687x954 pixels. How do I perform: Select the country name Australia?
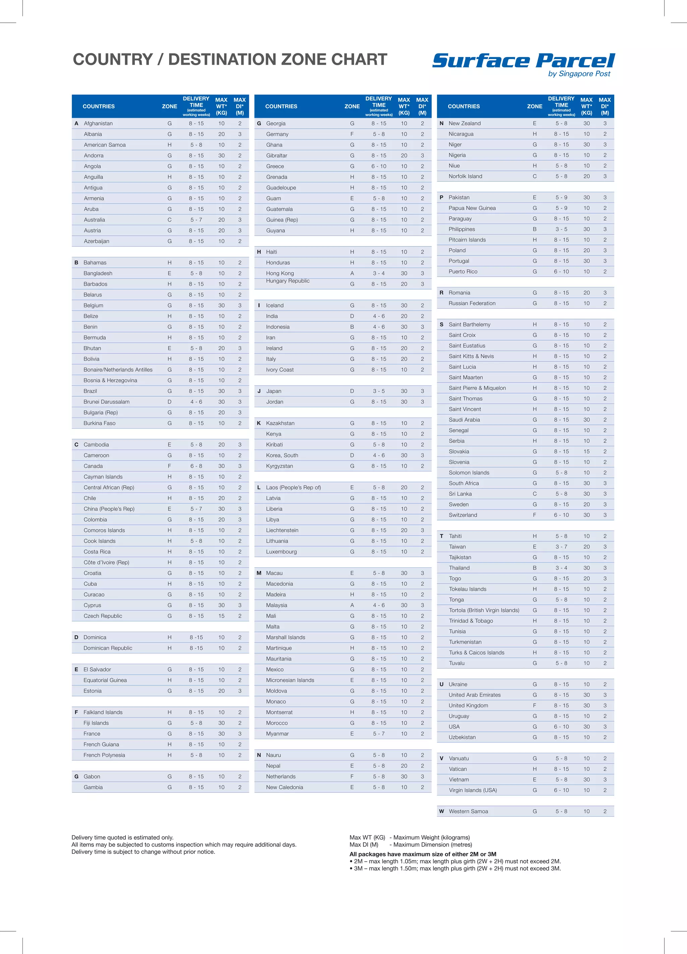point(94,220)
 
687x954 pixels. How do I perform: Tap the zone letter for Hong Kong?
point(352,273)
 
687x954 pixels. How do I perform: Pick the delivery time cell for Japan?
point(379,391)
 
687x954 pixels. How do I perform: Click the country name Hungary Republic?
point(287,281)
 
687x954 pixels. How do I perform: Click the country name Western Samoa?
point(468,811)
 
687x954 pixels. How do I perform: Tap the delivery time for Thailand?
point(561,568)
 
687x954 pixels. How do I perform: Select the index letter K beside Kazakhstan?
point(259,423)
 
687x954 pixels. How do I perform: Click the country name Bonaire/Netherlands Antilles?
point(118,370)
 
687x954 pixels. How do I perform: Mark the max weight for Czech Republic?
point(221,616)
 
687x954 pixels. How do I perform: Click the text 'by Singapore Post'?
point(579,74)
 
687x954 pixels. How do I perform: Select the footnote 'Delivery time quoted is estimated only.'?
point(122,837)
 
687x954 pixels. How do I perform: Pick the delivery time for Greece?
point(379,166)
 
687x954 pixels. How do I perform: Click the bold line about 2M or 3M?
point(423,854)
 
